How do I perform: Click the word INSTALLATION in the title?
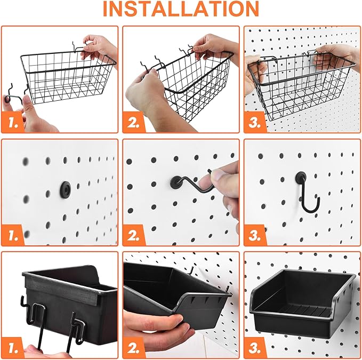tap(181, 9)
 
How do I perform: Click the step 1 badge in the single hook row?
tap(12, 235)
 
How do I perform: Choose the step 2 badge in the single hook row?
tap(134, 235)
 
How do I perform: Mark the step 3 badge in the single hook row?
tap(255, 235)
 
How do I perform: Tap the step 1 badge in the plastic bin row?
tap(12, 348)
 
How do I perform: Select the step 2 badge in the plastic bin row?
tap(134, 348)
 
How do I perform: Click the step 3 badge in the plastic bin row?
tap(255, 348)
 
